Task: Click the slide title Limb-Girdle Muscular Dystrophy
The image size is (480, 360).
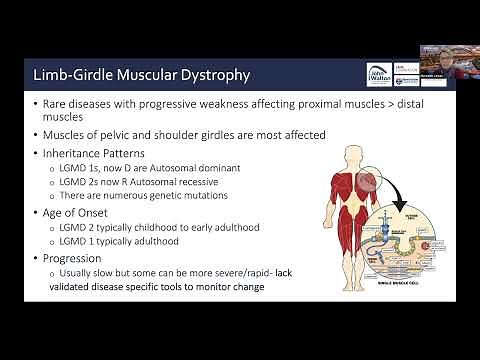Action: click(x=141, y=75)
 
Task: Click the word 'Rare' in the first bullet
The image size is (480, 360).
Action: click(x=57, y=103)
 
